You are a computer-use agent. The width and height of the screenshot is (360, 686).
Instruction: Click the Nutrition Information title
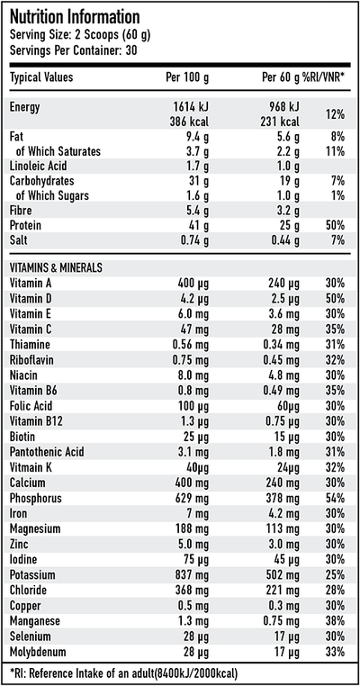[74, 17]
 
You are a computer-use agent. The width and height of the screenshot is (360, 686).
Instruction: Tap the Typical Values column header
[41, 77]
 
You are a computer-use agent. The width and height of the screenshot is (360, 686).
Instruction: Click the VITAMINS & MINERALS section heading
[56, 267]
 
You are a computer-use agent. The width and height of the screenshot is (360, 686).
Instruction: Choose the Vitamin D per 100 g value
[196, 297]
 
